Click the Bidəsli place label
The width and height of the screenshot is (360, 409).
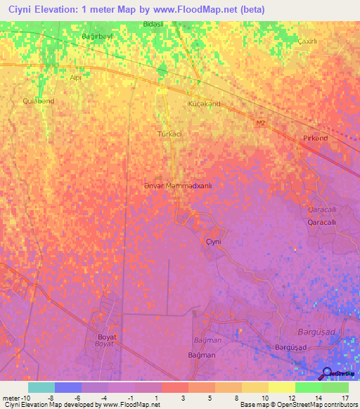[x=153, y=24]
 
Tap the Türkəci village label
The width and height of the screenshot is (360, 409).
[x=169, y=133]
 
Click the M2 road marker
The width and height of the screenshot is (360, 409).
[x=261, y=124]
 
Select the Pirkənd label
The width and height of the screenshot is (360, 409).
[x=315, y=138]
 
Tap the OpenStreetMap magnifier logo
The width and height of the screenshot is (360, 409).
[x=327, y=372]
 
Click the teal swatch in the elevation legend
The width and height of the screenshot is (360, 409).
[x=41, y=387]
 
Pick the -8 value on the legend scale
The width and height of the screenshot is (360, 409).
[x=50, y=398]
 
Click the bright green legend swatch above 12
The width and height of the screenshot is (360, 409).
[x=308, y=387]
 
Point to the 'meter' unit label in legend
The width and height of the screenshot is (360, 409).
[x=10, y=398]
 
